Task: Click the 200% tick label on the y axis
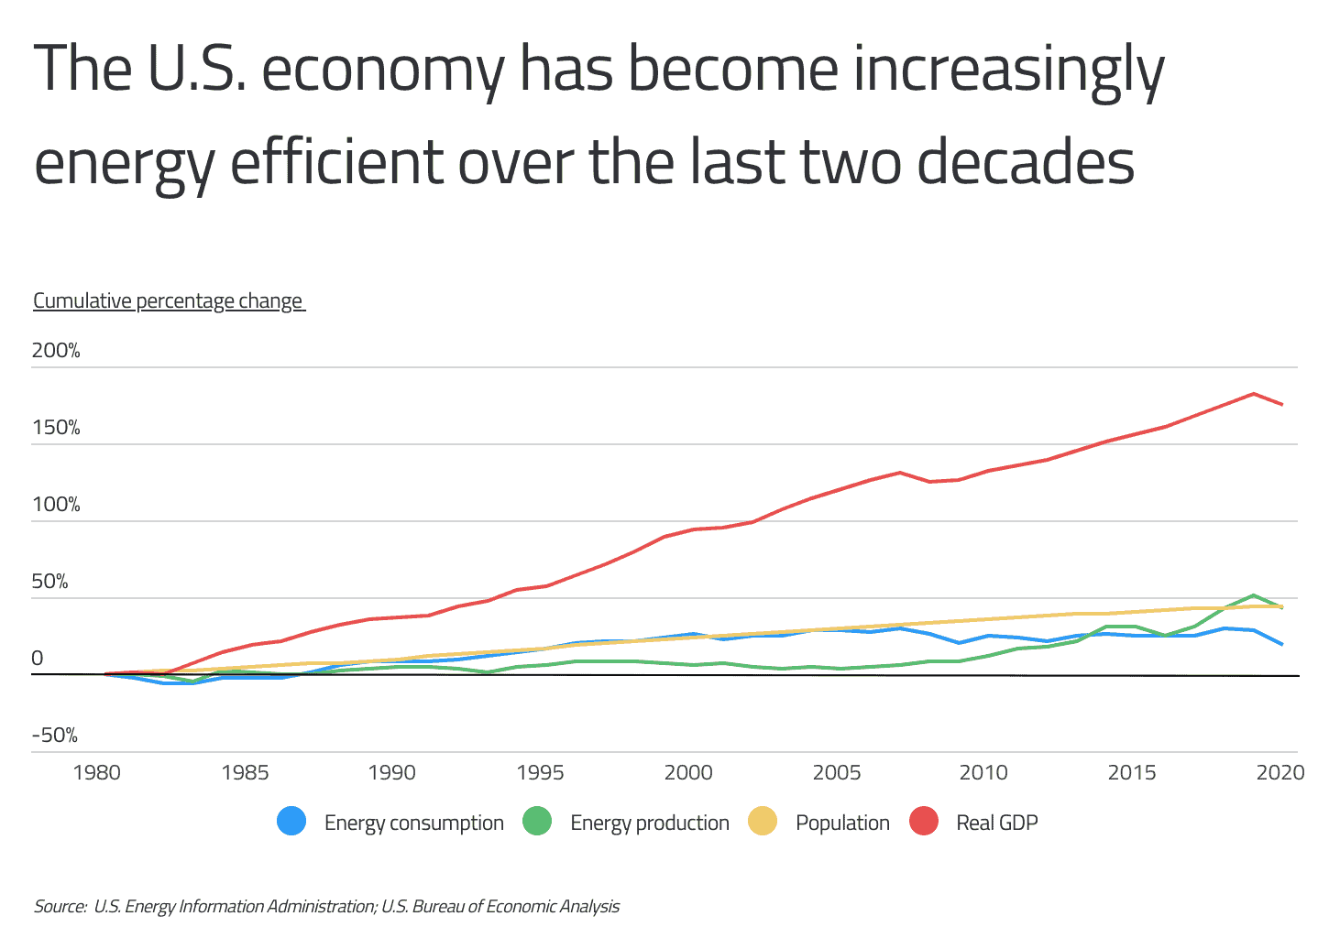[x=56, y=351]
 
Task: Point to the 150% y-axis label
[x=56, y=428]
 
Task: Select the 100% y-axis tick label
[x=56, y=505]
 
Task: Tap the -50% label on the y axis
[x=54, y=736]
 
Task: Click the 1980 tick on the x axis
[x=96, y=772]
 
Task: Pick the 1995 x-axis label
[x=540, y=772]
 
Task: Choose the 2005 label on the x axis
[x=836, y=772]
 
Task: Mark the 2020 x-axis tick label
[x=1280, y=772]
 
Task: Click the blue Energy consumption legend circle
[x=291, y=822]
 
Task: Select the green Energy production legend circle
[x=537, y=822]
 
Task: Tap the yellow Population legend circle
[x=763, y=822]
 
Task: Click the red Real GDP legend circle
[x=924, y=822]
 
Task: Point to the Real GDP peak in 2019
[x=1253, y=394]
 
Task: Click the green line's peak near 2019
[x=1253, y=595]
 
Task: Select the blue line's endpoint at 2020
[x=1281, y=644]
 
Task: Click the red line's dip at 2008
[x=929, y=482]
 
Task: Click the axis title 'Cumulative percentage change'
[x=168, y=301]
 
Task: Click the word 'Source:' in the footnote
[x=60, y=906]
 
